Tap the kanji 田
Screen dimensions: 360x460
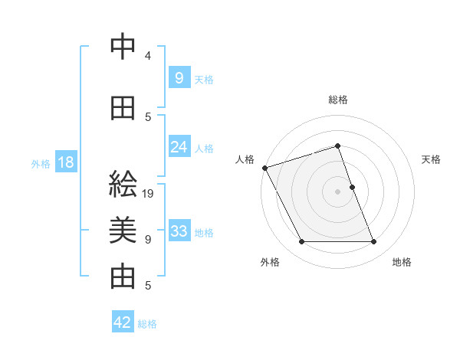(x=123, y=108)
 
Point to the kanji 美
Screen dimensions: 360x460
(x=123, y=231)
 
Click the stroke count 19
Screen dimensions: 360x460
(x=149, y=194)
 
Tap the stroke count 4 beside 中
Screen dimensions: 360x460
(x=148, y=56)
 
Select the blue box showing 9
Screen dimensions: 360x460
(x=179, y=77)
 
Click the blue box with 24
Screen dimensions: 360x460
(x=179, y=147)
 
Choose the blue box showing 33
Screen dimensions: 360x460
(x=179, y=231)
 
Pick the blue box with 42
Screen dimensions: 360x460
(x=123, y=322)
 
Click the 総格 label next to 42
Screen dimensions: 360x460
(x=147, y=324)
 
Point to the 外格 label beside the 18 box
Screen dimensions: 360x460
(x=41, y=164)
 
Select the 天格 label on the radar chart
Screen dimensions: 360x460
(x=432, y=159)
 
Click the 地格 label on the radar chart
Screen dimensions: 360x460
(x=402, y=263)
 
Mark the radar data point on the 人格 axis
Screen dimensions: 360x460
(x=264, y=168)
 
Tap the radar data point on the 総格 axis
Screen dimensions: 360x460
(x=337, y=146)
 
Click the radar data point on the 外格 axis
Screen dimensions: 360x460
(x=301, y=242)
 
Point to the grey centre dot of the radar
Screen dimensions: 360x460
(x=337, y=191)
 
